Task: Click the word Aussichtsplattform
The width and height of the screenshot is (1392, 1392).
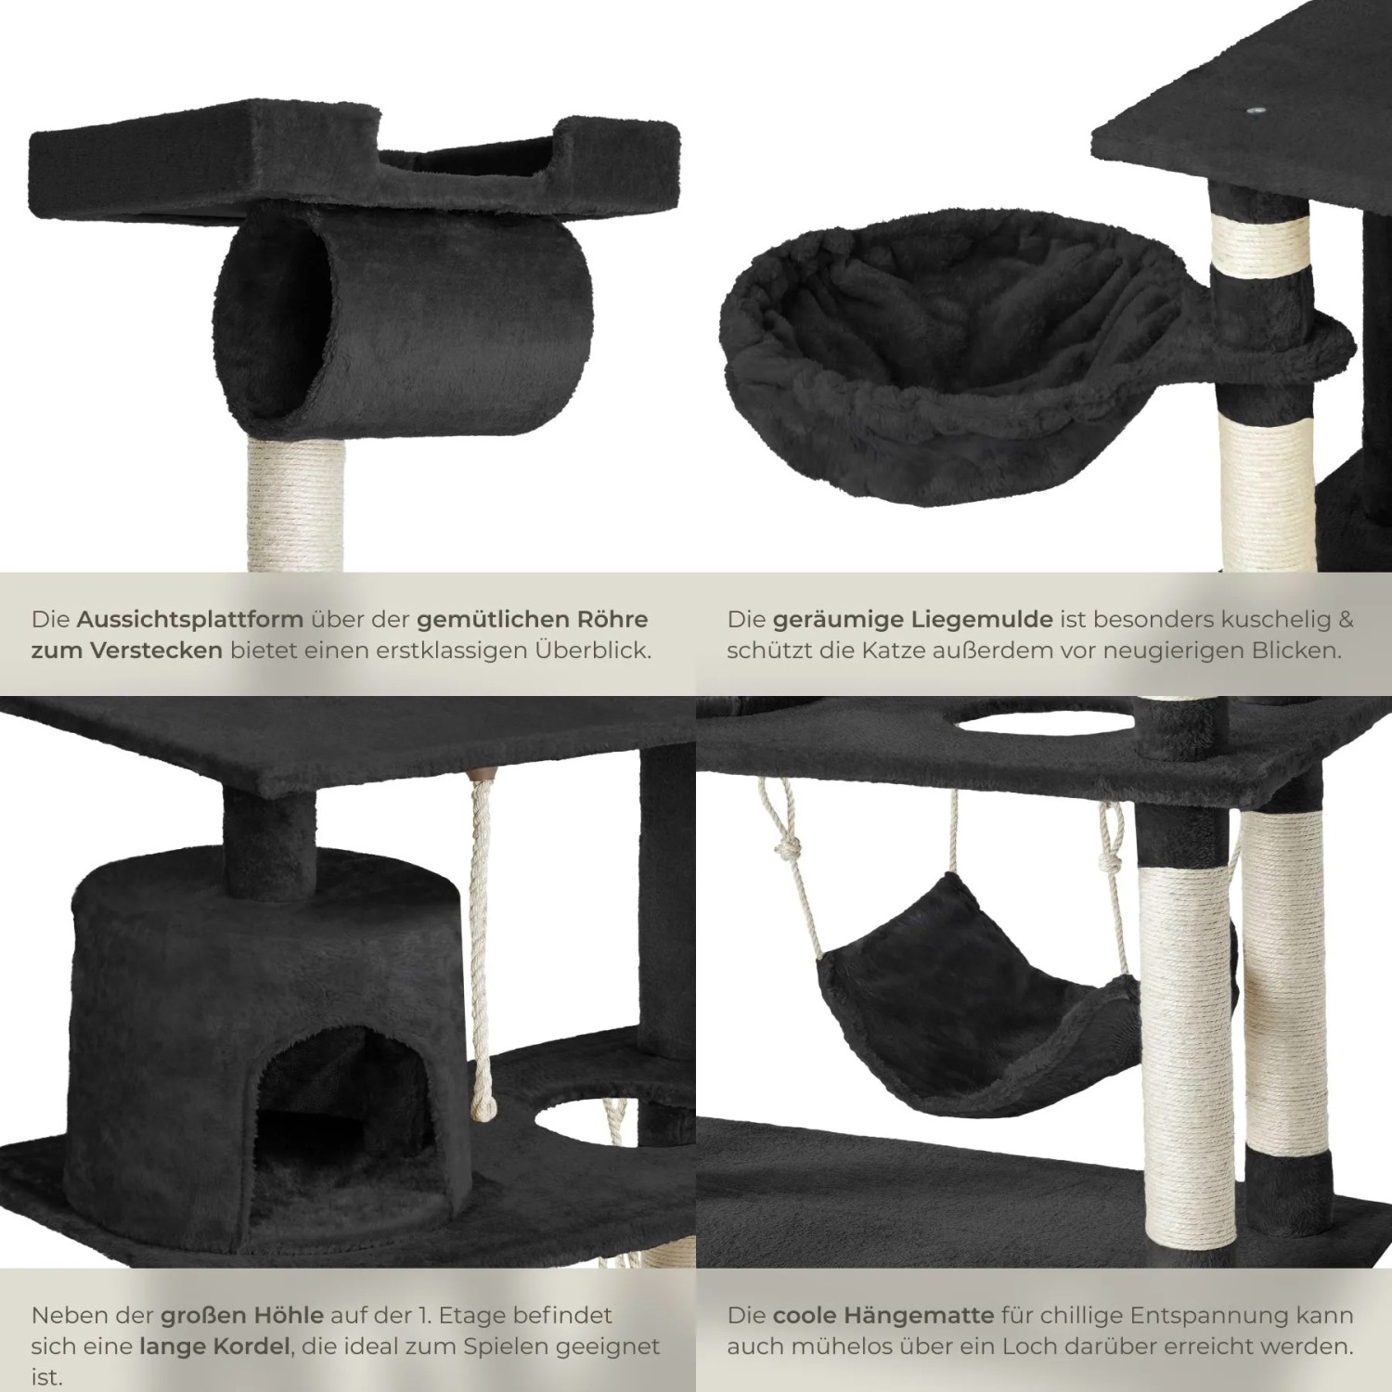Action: (190, 619)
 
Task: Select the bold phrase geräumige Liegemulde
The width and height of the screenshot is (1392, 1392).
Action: (913, 619)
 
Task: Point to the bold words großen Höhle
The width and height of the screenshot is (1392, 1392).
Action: (242, 1315)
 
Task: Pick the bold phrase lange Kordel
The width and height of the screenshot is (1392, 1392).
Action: (216, 1346)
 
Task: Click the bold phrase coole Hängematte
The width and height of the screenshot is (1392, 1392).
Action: (883, 1315)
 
